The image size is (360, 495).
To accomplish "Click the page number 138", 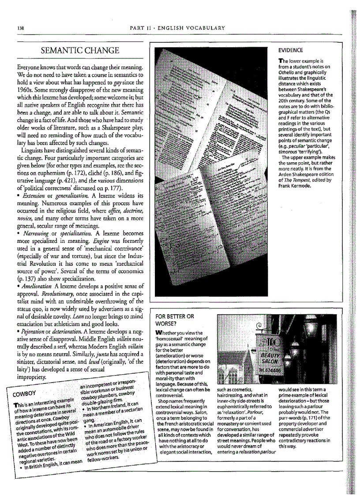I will tap(19, 28).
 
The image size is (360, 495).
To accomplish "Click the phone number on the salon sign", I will tap(267, 371).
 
